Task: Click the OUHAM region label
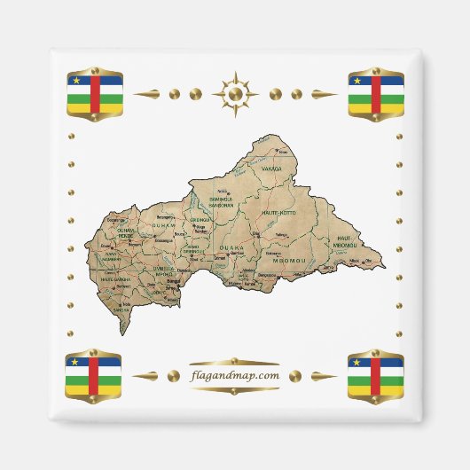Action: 162,226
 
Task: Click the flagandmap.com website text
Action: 234,376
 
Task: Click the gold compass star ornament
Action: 235,92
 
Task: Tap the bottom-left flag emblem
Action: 95,374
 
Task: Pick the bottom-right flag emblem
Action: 375,374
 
